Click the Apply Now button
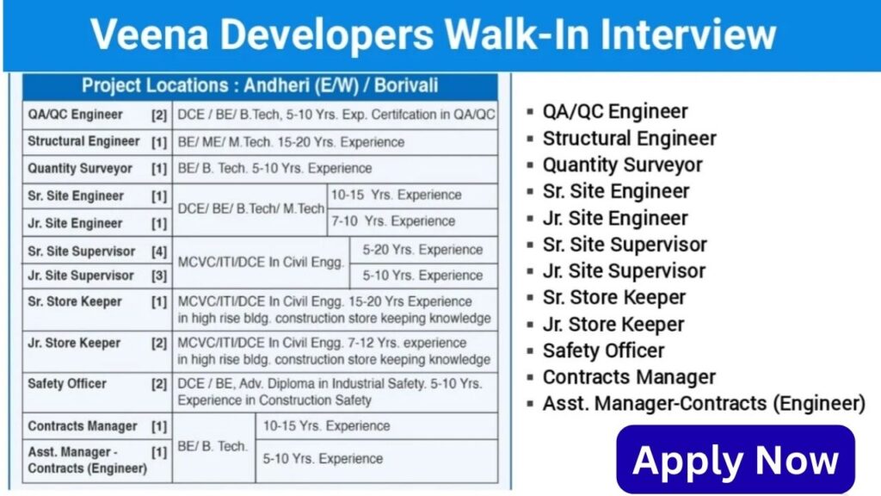click(x=736, y=460)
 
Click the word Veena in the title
click(x=149, y=34)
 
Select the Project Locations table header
click(x=260, y=86)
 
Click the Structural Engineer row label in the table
click(x=83, y=142)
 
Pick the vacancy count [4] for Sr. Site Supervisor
click(x=159, y=251)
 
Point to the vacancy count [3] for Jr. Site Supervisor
click(x=159, y=276)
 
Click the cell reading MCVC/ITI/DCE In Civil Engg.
click(x=261, y=262)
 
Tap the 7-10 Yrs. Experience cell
click(x=392, y=221)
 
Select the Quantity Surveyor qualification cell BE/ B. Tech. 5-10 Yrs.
click(x=274, y=168)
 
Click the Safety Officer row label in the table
click(x=67, y=384)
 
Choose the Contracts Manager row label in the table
click(x=83, y=426)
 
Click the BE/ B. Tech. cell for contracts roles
click(x=213, y=447)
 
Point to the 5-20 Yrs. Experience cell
click(x=422, y=250)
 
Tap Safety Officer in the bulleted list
click(x=603, y=351)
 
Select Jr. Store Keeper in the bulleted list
click(x=613, y=325)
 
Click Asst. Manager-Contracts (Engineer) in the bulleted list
click(x=704, y=404)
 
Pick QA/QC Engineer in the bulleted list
click(x=615, y=112)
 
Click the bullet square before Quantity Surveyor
click(x=530, y=165)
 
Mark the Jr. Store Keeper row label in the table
click(x=74, y=343)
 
